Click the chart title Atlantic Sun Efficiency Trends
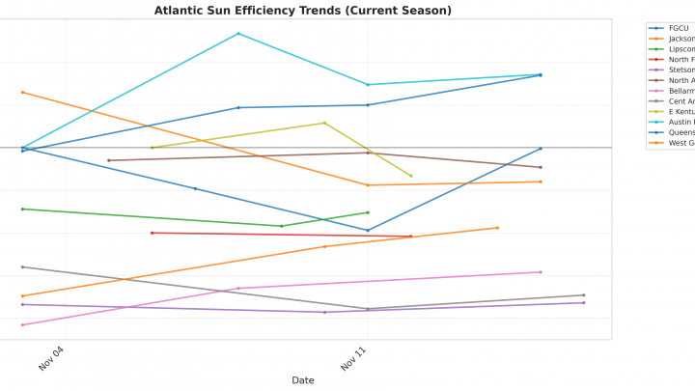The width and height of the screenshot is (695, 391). (302, 11)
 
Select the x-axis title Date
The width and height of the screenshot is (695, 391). (302, 380)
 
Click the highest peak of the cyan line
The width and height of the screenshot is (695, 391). (238, 34)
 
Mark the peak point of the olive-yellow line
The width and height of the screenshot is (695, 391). (324, 123)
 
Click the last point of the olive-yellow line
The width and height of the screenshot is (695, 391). (411, 176)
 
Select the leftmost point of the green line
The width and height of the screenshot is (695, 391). (22, 209)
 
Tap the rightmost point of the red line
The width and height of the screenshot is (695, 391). (411, 236)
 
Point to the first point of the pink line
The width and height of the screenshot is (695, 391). (22, 324)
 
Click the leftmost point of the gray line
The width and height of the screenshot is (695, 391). (22, 266)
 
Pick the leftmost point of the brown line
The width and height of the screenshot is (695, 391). (109, 160)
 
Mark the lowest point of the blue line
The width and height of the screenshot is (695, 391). (368, 230)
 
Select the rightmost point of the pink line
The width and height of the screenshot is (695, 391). (541, 271)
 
